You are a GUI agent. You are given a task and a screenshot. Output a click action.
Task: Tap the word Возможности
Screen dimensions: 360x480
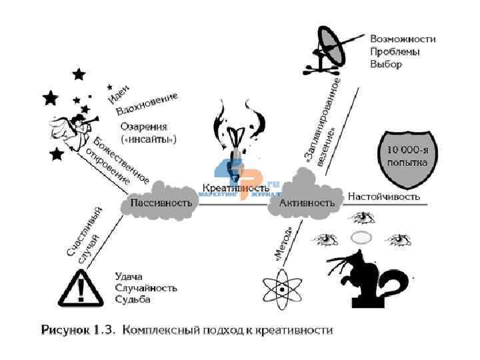[x=403, y=39]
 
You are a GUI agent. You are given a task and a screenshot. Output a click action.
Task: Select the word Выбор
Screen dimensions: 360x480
[x=387, y=65]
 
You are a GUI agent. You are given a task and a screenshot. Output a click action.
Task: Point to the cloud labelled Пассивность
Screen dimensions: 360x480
[x=161, y=201]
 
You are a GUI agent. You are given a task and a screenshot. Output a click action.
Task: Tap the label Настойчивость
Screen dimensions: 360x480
[x=384, y=197]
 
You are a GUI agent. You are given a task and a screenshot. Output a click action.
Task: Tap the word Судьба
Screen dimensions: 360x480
[x=133, y=299]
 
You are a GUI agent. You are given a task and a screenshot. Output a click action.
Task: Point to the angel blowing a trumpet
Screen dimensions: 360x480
[x=68, y=125]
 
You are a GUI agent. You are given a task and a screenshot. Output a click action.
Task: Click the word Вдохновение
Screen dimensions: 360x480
[x=147, y=104]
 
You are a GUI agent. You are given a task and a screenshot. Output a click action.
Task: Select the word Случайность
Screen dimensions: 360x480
[x=146, y=287]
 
